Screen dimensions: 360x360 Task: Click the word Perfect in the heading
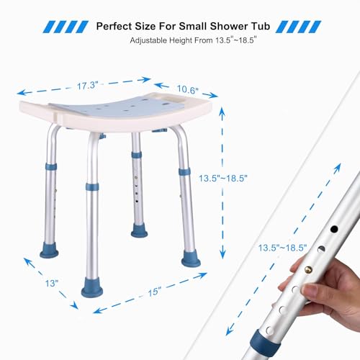pos(117,26)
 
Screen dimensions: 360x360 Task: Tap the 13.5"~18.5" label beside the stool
pos(220,178)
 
